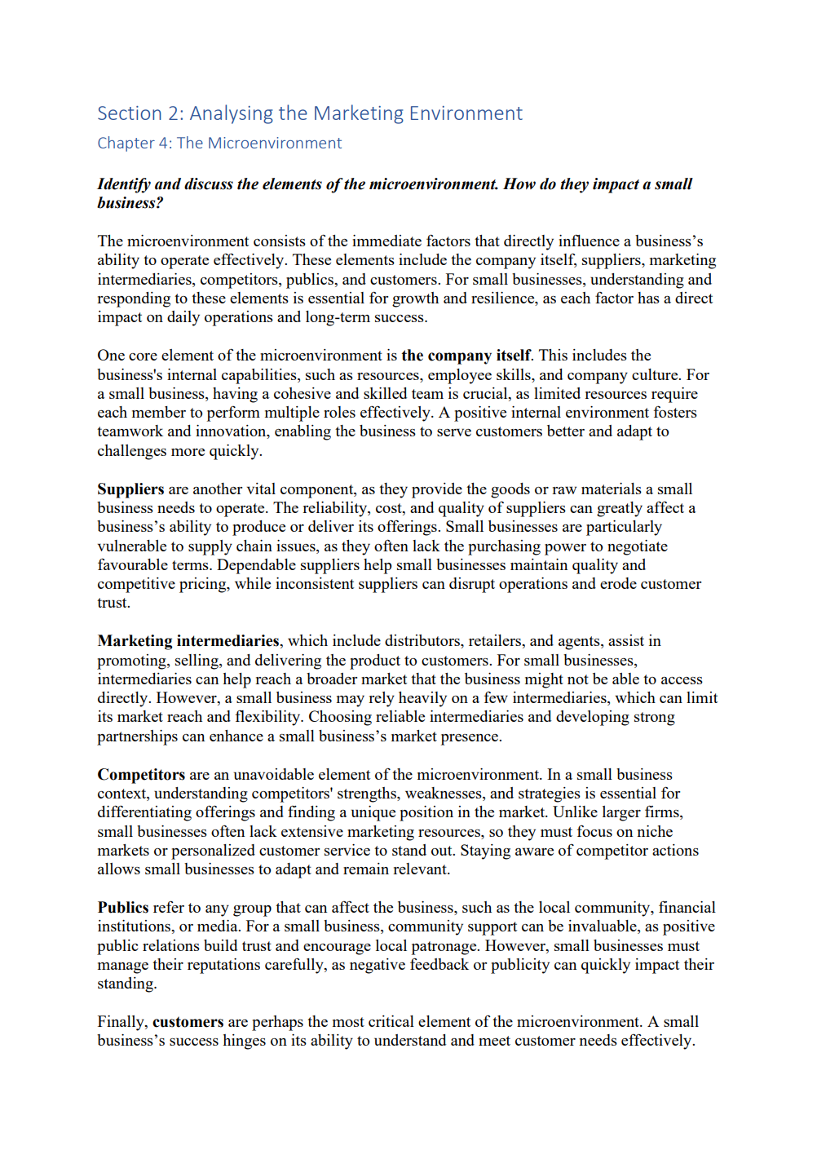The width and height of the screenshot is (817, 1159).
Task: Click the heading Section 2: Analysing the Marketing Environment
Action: coord(309,113)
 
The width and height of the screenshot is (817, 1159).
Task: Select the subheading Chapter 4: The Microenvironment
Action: coord(219,144)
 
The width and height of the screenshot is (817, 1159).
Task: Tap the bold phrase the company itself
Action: coord(466,356)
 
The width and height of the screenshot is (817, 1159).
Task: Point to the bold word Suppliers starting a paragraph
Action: coord(130,489)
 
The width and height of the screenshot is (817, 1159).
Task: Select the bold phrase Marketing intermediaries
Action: coord(188,641)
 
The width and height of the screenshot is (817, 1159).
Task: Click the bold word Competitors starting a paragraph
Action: coord(141,775)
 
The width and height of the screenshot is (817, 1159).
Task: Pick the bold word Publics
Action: coord(123,908)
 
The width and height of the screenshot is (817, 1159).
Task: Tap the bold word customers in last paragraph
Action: coord(188,1022)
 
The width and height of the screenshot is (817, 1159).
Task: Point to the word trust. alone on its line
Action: coord(113,604)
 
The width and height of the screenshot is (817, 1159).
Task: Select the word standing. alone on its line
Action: coord(126,984)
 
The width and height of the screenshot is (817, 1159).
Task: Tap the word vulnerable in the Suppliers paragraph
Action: coord(132,546)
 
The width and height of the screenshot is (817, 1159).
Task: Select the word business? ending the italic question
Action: coord(130,203)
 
